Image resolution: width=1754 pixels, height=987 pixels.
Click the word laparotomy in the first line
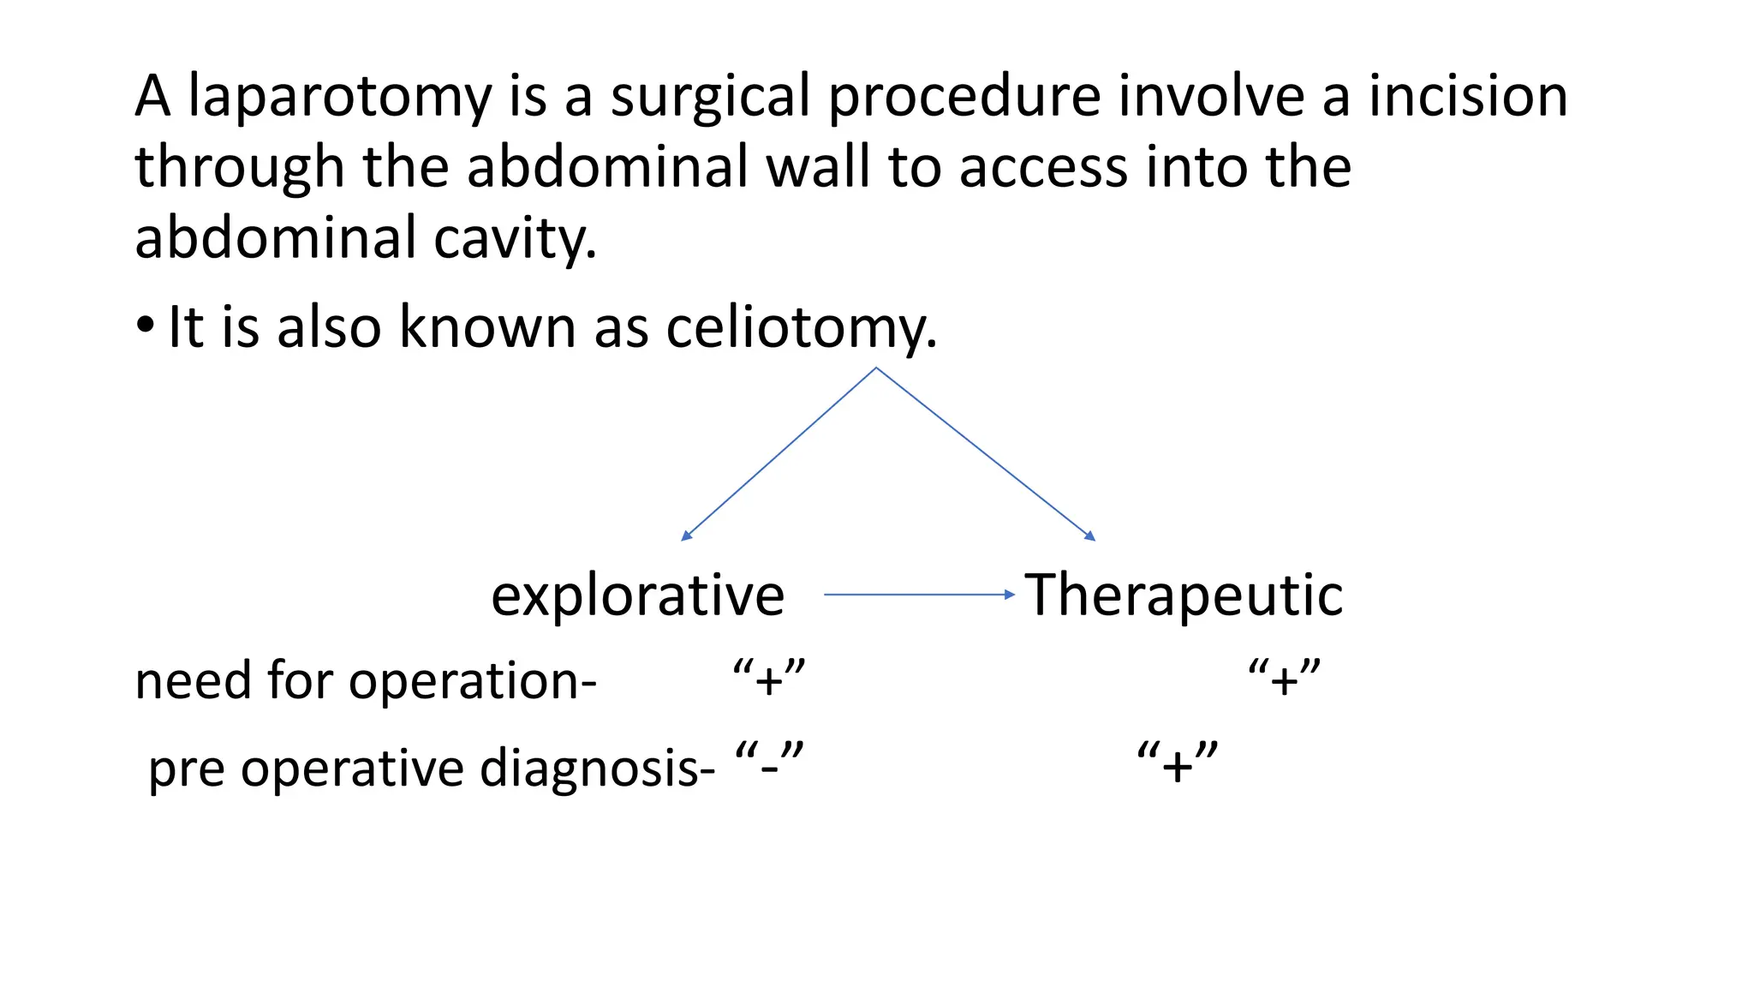(x=339, y=96)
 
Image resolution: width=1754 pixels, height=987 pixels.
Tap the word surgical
(x=709, y=96)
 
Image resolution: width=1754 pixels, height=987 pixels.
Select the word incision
(x=1468, y=96)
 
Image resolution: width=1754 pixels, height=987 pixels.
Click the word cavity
(x=514, y=238)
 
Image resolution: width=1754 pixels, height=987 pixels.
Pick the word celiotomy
(x=800, y=327)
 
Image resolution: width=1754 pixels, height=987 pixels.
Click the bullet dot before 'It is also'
(x=146, y=326)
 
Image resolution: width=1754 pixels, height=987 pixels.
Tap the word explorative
(x=637, y=595)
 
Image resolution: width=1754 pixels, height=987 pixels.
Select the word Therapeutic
(x=1184, y=595)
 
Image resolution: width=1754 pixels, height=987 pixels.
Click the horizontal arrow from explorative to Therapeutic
(x=918, y=594)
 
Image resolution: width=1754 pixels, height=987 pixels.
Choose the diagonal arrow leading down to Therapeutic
(x=986, y=455)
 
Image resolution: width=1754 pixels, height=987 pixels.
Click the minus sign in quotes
(x=769, y=761)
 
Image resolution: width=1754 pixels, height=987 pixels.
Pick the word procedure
(x=964, y=96)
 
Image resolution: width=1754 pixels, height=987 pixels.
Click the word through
(x=239, y=168)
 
